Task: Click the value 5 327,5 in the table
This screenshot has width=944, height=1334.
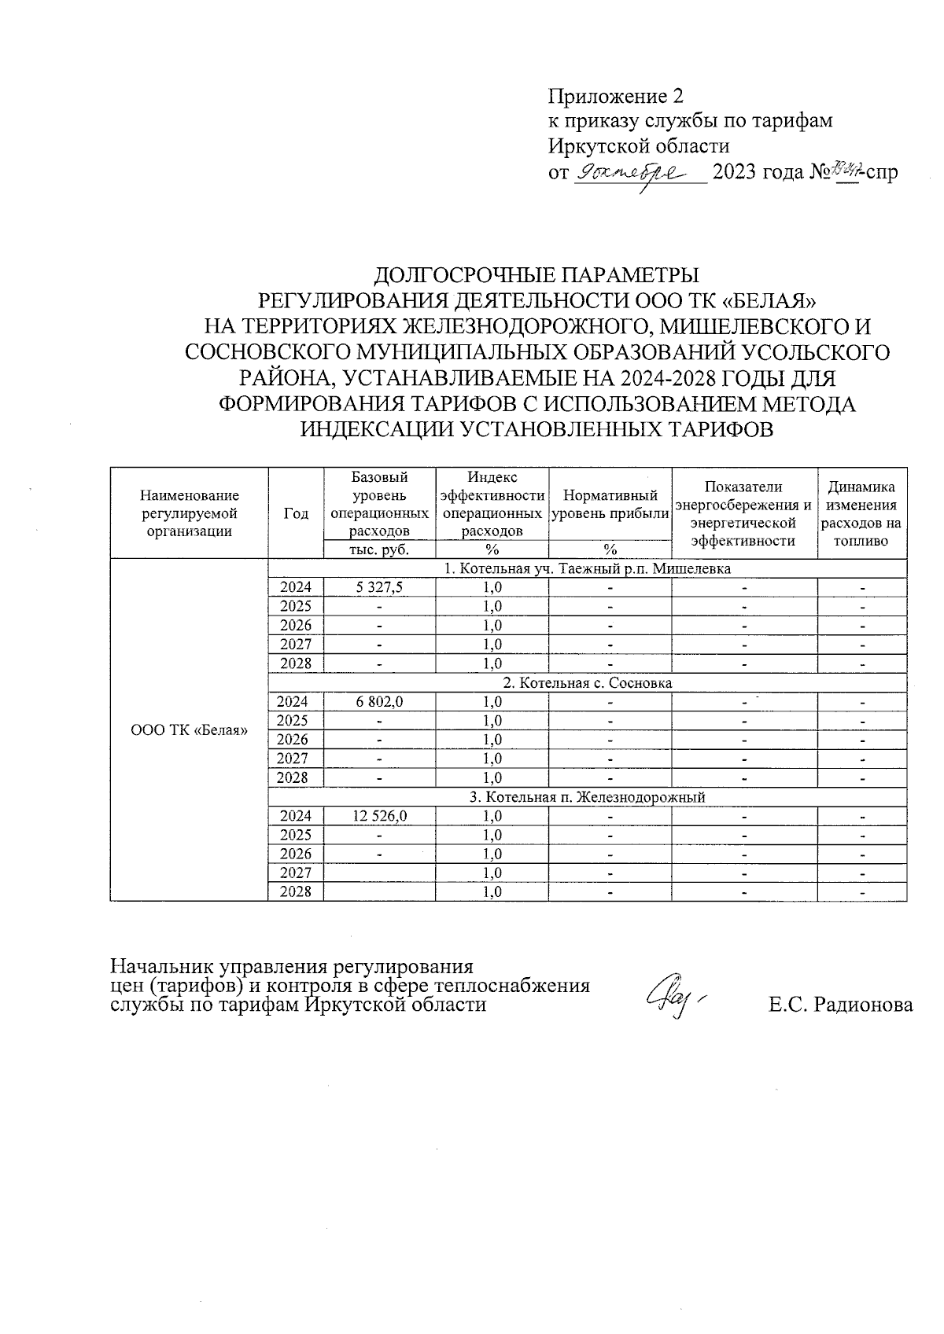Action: (x=379, y=587)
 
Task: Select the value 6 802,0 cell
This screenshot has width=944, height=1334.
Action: (x=379, y=702)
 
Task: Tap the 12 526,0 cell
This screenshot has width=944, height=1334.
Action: (x=379, y=816)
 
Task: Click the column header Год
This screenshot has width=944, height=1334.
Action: (x=296, y=513)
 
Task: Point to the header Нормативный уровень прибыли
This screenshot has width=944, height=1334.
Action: (x=610, y=505)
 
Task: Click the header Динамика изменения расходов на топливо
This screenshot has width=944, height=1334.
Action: (x=861, y=513)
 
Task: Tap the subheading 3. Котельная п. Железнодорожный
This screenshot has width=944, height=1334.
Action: (x=587, y=797)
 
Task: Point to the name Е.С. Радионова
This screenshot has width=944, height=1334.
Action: (x=840, y=1005)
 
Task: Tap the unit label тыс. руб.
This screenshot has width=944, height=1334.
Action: (x=379, y=549)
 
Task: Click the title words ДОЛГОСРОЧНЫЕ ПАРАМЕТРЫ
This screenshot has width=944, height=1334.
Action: (x=536, y=276)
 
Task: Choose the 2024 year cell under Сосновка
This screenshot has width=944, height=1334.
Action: (x=296, y=702)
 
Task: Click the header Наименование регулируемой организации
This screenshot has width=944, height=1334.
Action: (x=189, y=513)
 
